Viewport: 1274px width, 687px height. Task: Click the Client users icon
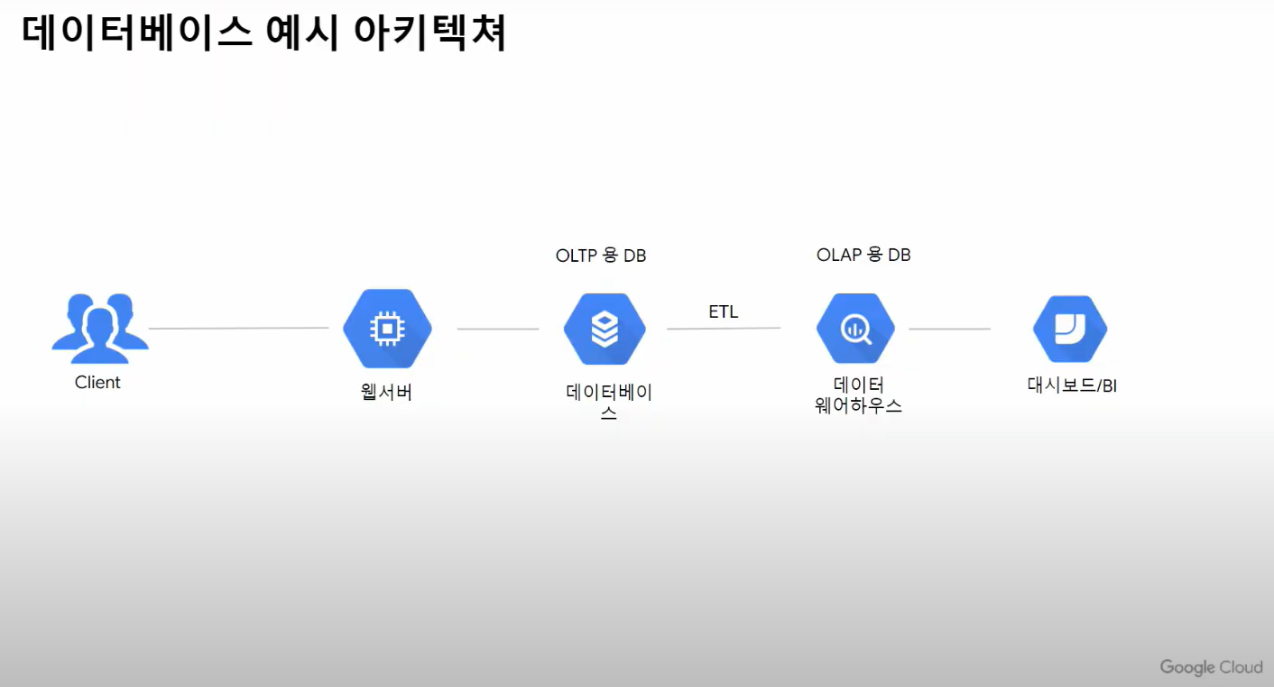[99, 322]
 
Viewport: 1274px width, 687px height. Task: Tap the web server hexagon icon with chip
[387, 329]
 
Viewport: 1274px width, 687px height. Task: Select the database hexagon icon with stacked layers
[605, 329]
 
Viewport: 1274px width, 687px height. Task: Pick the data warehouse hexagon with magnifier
[855, 329]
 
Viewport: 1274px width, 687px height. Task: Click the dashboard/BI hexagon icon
[1070, 329]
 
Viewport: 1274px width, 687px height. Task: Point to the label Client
[97, 383]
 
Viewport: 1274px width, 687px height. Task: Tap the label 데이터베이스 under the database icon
[609, 402]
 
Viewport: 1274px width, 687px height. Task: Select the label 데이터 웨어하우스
[858, 395]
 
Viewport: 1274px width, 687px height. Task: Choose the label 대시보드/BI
[1072, 385]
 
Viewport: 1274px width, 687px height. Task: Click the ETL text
[723, 312]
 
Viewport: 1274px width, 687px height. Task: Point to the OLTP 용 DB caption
[601, 255]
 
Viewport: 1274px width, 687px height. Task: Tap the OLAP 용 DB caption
[863, 255]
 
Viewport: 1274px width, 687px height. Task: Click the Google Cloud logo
[1211, 667]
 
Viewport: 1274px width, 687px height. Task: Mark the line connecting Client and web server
[238, 329]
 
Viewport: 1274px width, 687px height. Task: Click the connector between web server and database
[498, 330]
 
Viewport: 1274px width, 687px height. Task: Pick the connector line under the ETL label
[724, 329]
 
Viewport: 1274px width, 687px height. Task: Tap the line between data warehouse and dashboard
[949, 330]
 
